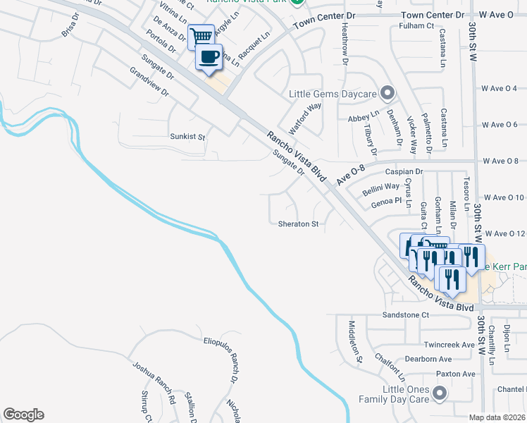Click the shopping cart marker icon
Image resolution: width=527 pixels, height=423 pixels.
click(x=201, y=36)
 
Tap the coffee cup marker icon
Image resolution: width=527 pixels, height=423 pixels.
click(x=209, y=57)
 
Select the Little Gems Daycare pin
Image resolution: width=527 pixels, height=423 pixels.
click(x=387, y=93)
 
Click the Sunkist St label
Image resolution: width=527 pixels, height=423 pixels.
click(x=187, y=136)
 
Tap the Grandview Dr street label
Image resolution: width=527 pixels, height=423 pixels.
click(x=150, y=82)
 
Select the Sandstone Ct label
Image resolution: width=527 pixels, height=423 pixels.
click(x=405, y=314)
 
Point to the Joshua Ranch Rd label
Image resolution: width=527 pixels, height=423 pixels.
click(x=154, y=382)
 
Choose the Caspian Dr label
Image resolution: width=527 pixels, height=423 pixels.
click(x=403, y=171)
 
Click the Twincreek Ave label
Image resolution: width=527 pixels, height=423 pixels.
click(x=447, y=345)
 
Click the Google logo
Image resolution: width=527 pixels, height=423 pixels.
click(x=23, y=415)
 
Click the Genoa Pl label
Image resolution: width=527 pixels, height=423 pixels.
click(x=386, y=201)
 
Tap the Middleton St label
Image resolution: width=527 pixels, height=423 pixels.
click(x=355, y=341)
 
